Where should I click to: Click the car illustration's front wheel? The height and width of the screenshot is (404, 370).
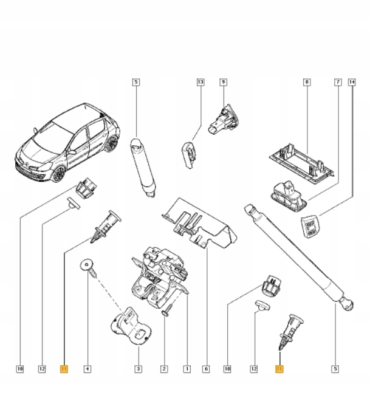59,174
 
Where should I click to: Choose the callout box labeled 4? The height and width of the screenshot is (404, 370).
87,368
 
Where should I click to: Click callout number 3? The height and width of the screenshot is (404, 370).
138,368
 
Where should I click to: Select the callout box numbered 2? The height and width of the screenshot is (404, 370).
164,368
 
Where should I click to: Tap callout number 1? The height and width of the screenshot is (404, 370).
187,368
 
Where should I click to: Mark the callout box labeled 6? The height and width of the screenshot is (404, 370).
207,368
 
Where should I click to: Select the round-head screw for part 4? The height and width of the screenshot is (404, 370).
87,268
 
